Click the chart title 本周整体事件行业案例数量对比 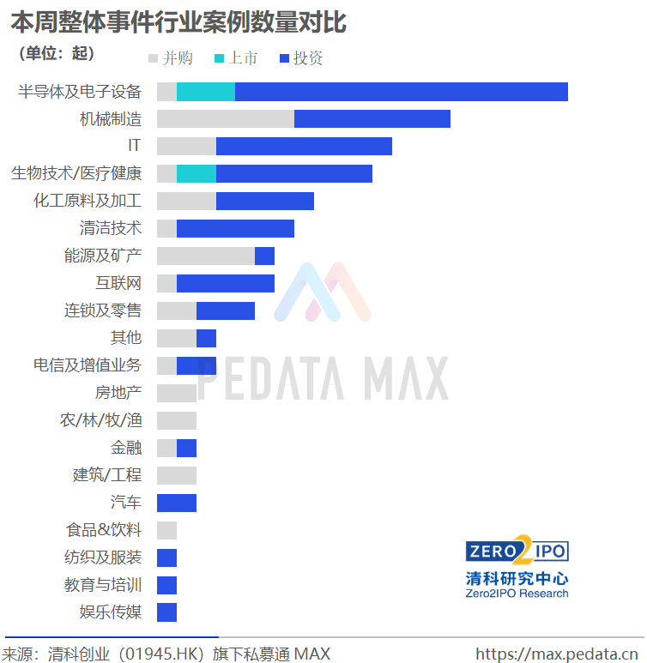178,21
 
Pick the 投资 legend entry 301,58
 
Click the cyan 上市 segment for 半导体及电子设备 206,92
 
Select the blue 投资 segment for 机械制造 372,119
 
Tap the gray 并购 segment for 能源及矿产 206,256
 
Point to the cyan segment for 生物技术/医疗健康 197,174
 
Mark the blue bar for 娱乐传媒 166,612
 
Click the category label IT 134,147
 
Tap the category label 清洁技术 110,228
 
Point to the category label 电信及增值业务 87,365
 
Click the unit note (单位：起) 56,53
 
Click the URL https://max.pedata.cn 559,654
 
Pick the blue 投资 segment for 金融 186,448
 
